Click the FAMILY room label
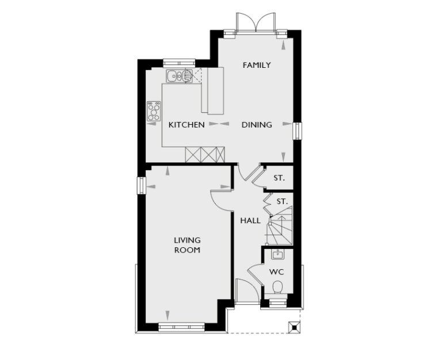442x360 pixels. coord(257,65)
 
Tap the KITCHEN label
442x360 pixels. coord(186,124)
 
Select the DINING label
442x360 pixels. coord(257,124)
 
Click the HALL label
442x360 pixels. coord(250,220)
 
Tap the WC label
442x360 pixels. coord(277,271)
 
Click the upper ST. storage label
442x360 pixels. coord(279,178)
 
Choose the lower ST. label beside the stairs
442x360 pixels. coord(282,201)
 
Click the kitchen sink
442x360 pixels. coord(179,75)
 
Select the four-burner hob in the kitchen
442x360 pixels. coord(154,110)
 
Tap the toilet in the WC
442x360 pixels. coord(277,287)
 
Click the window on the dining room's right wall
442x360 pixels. coord(297,131)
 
